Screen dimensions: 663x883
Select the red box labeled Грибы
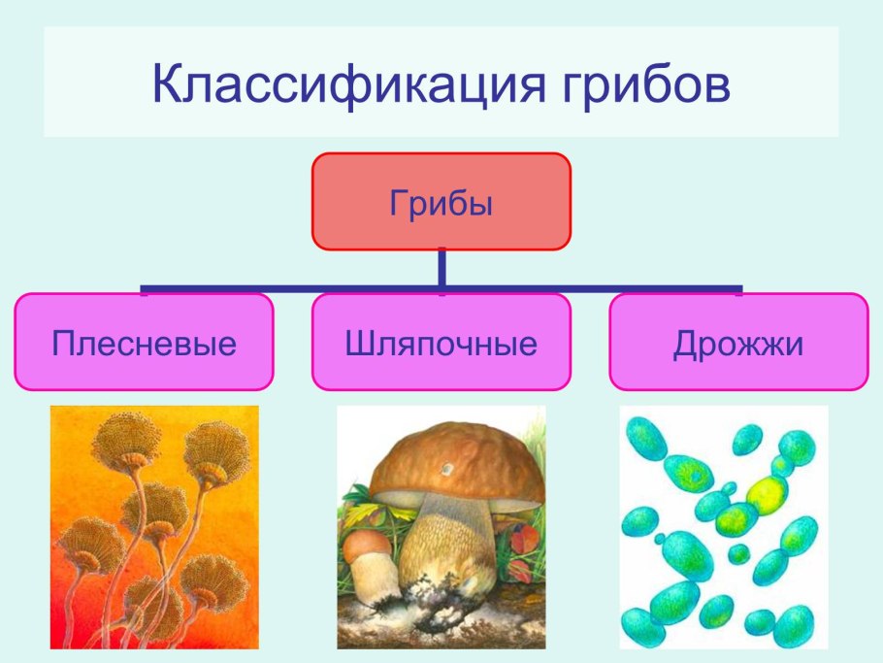point(441,201)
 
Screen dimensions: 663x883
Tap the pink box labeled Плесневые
point(144,343)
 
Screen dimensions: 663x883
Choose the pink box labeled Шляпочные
point(441,343)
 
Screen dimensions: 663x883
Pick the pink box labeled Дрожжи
point(738,343)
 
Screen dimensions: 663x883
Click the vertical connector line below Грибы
point(441,268)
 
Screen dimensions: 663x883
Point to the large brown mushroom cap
point(456,465)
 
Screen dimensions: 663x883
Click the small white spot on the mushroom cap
point(448,470)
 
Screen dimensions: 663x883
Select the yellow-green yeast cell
point(767,494)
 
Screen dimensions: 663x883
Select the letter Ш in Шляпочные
point(357,345)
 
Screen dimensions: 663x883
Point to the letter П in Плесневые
point(62,345)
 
